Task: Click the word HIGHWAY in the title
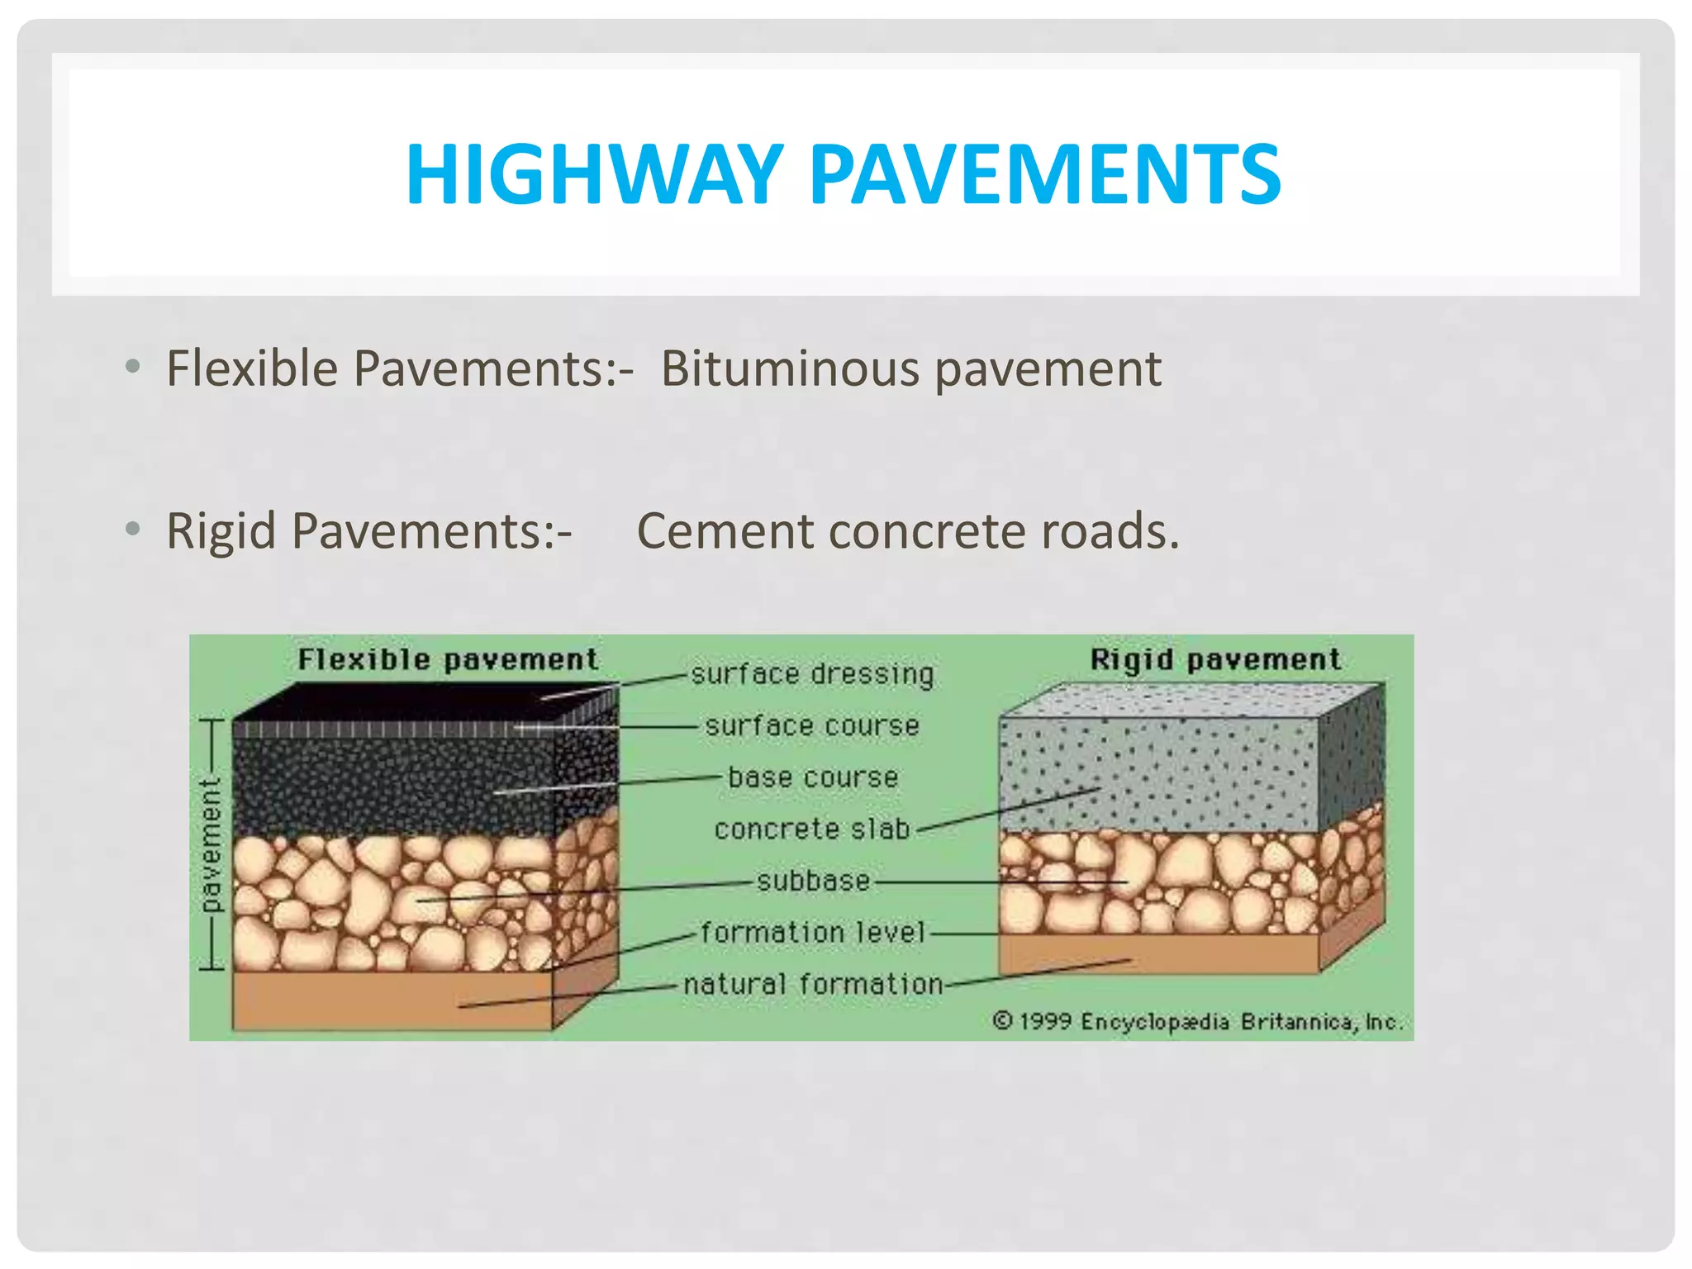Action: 593,175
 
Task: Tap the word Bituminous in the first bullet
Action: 789,368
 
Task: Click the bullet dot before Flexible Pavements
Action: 132,366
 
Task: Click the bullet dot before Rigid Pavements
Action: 132,528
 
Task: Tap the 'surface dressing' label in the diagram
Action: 812,674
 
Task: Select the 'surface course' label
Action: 812,726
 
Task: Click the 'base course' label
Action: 812,777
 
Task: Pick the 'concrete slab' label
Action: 812,829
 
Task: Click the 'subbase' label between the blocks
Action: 814,881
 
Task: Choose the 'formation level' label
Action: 814,933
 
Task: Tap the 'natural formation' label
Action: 813,984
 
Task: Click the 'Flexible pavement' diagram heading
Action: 448,659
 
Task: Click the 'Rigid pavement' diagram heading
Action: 1215,659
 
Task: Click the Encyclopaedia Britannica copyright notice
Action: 1197,1022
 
